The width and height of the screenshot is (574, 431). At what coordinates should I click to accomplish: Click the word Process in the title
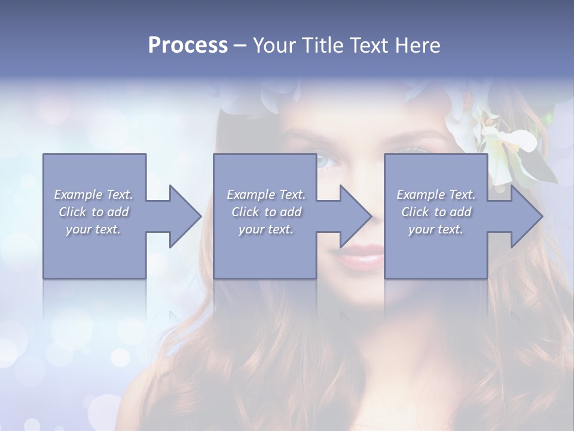point(188,45)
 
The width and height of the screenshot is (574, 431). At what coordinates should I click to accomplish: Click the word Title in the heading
point(323,45)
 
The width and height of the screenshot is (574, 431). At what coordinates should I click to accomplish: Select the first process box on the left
point(94,251)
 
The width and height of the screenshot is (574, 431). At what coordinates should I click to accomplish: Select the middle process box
point(265,251)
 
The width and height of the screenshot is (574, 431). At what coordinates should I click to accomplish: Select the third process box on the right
point(435,251)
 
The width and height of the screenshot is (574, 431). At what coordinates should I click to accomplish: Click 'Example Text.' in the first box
point(94,195)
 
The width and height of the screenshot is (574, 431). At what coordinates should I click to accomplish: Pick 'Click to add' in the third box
point(436,212)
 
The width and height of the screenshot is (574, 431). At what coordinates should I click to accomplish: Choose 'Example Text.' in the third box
point(436,195)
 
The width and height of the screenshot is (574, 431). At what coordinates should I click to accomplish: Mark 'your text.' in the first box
point(93,229)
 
